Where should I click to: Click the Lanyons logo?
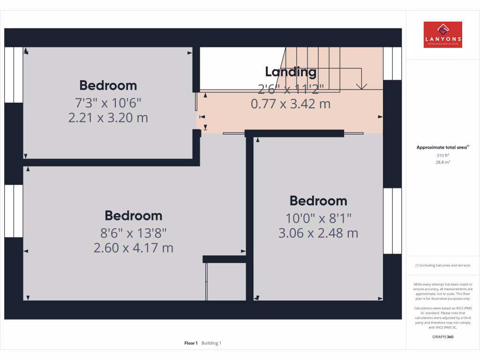pyautogui.click(x=442, y=35)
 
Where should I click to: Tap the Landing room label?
pyautogui.click(x=291, y=72)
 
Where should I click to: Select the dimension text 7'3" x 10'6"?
pyautogui.click(x=108, y=102)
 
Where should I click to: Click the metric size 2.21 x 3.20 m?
pyautogui.click(x=108, y=117)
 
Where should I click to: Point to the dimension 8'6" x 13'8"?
pyautogui.click(x=134, y=232)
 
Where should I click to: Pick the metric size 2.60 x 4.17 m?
pyautogui.click(x=134, y=247)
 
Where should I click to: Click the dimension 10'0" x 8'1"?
pyautogui.click(x=318, y=217)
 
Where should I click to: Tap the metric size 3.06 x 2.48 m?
pyautogui.click(x=318, y=232)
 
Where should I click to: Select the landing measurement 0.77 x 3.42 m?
pyautogui.click(x=291, y=104)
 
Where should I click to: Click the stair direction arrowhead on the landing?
pyautogui.click(x=361, y=86)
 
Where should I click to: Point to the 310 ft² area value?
pyautogui.click(x=442, y=155)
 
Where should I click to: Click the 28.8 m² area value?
pyautogui.click(x=442, y=162)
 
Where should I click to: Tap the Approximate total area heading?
pyautogui.click(x=442, y=147)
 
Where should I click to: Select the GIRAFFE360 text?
pyautogui.click(x=442, y=337)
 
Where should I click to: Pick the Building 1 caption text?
pyautogui.click(x=211, y=343)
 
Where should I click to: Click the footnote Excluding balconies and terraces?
pyautogui.click(x=442, y=265)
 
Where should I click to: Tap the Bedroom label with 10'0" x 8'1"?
pyautogui.click(x=318, y=201)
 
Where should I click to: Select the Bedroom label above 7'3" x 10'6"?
pyautogui.click(x=108, y=85)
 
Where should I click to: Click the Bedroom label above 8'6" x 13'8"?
pyautogui.click(x=134, y=216)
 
